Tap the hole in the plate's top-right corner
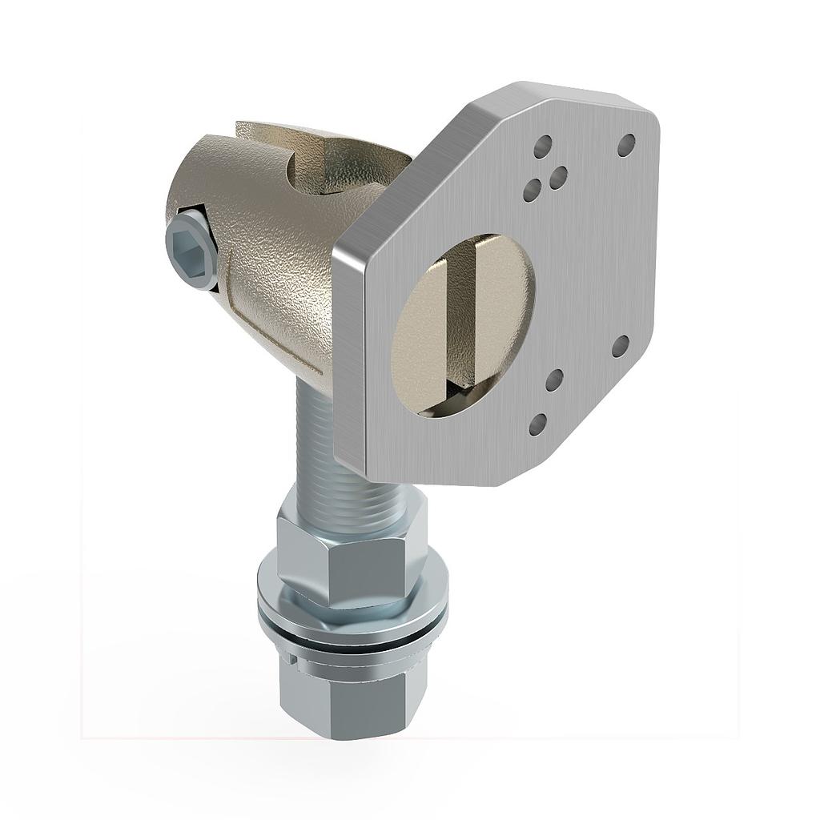(x=626, y=145)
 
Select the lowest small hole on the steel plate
(x=538, y=424)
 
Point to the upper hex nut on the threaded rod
(x=352, y=557)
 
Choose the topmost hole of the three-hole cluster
(x=543, y=147)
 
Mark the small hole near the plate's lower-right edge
(x=621, y=346)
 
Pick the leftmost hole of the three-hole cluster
(x=532, y=190)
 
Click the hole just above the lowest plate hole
(x=554, y=380)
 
